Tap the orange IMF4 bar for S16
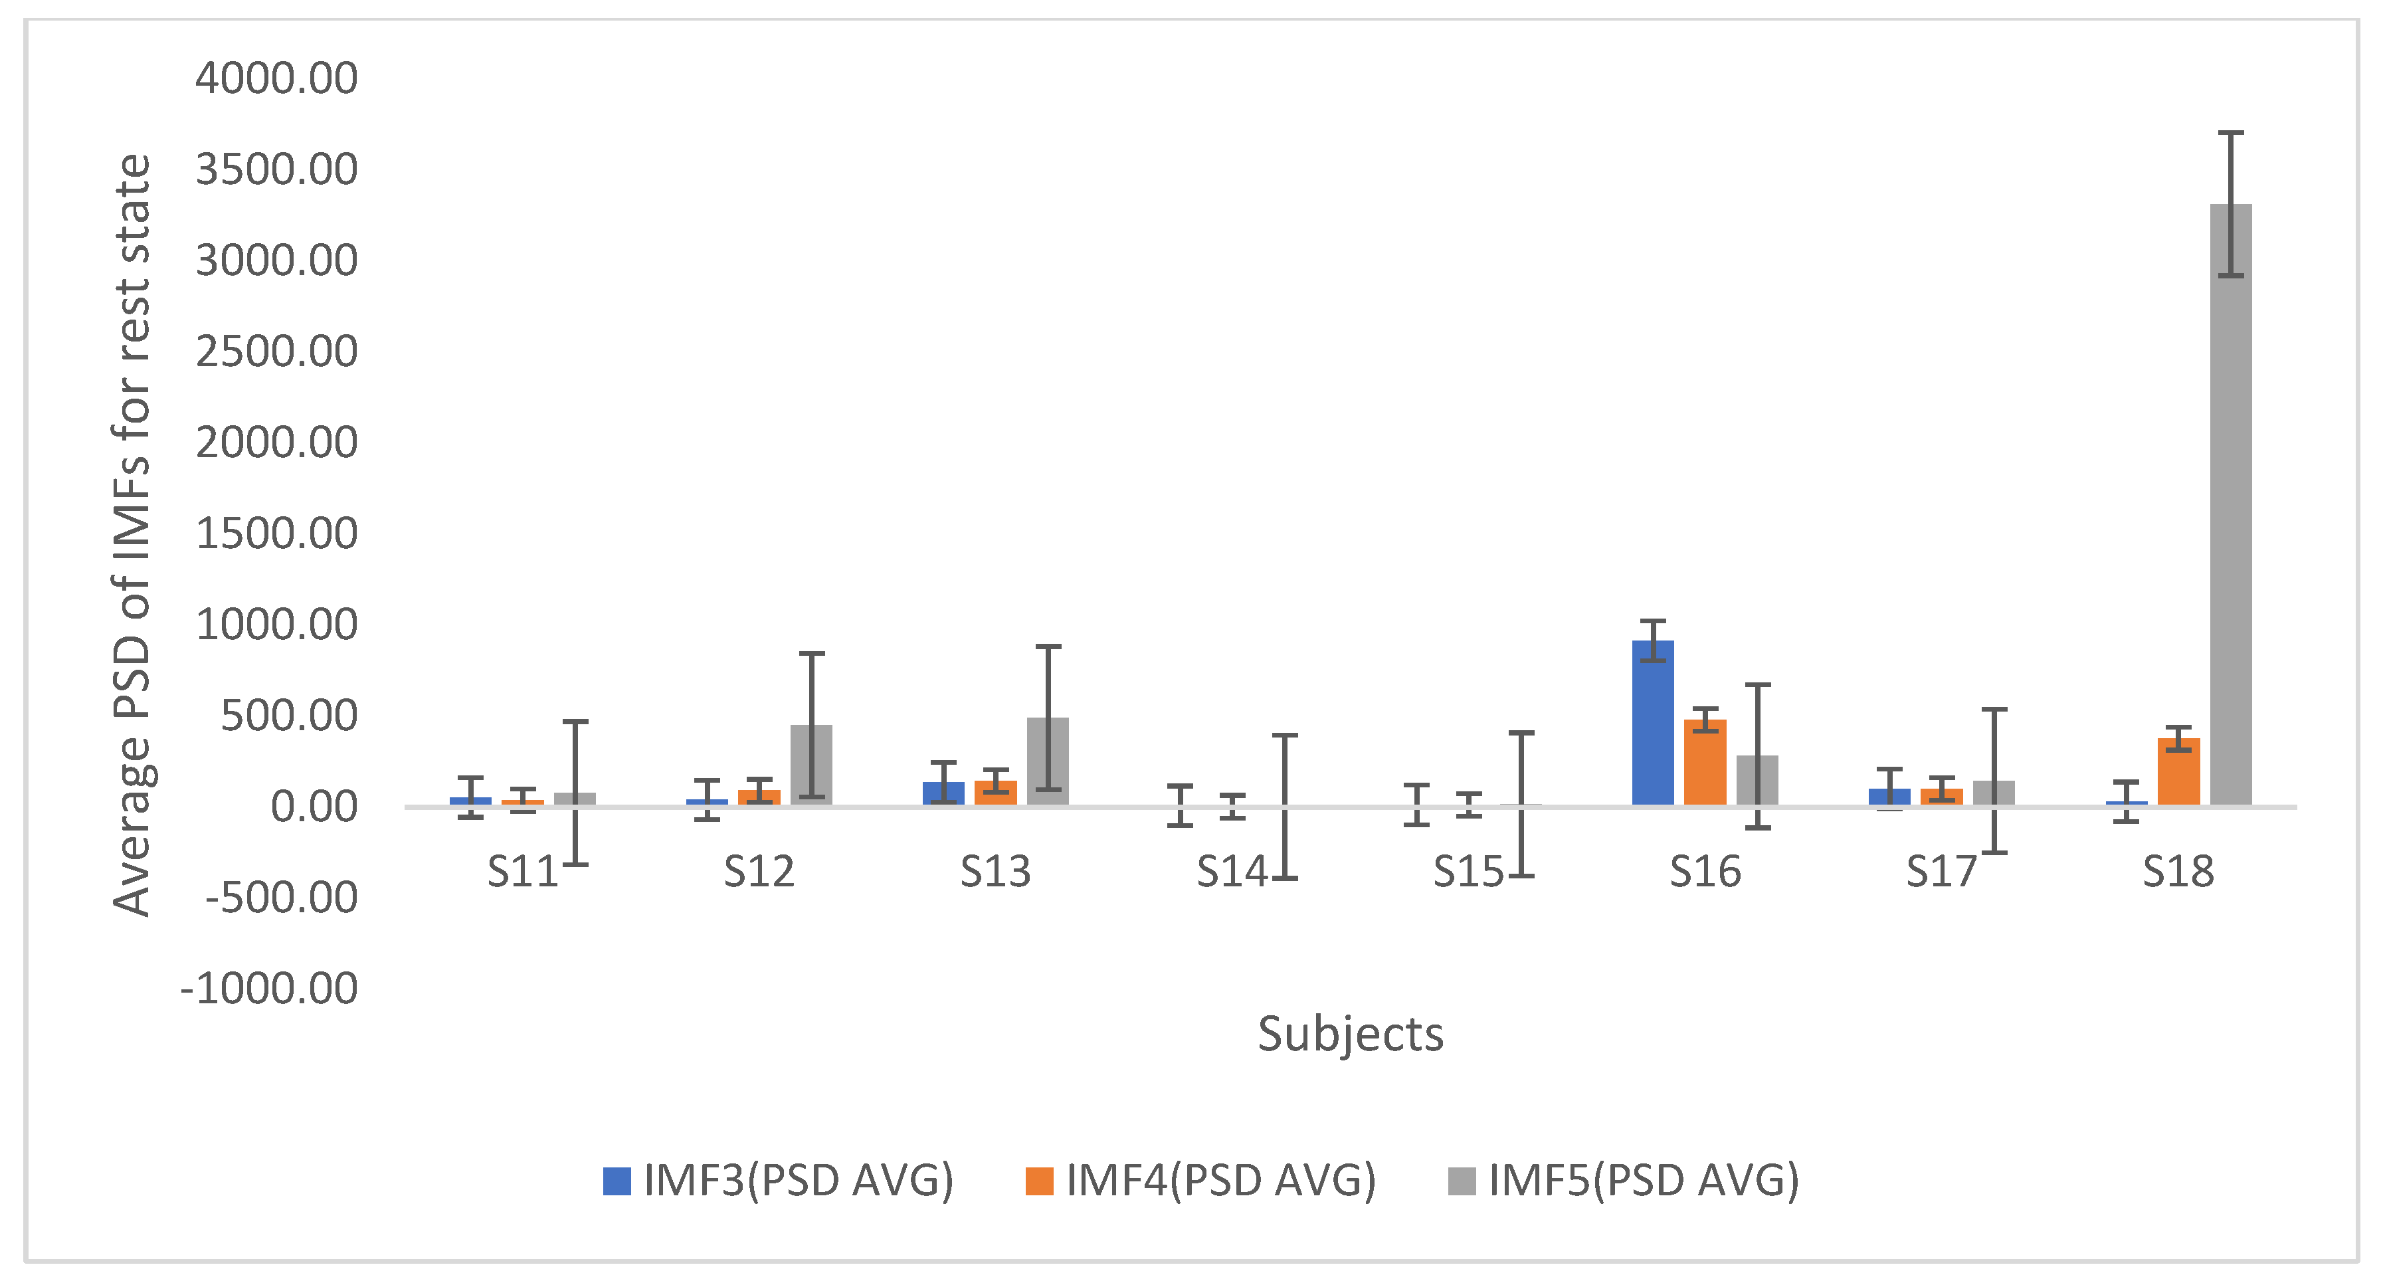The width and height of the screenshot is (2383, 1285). (x=1704, y=764)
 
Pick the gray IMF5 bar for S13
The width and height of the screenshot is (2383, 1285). (x=1047, y=763)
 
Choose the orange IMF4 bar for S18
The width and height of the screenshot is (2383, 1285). (x=2178, y=773)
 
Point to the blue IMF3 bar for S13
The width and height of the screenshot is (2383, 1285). (x=943, y=794)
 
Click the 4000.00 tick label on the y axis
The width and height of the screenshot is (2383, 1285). (x=276, y=78)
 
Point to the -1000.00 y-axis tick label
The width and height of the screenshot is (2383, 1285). (x=269, y=989)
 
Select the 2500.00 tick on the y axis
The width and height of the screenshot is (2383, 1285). (x=276, y=351)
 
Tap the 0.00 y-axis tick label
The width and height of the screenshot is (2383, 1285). (x=314, y=807)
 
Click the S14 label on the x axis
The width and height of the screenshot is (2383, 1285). (x=1231, y=872)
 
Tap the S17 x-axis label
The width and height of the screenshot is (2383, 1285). (x=1941, y=872)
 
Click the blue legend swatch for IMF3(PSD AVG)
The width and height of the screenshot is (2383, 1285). (x=616, y=1181)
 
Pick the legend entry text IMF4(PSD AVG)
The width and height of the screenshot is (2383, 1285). (x=1220, y=1181)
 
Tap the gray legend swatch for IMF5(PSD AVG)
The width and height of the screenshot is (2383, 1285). (x=1462, y=1181)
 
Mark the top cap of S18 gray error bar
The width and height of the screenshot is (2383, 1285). (x=2230, y=134)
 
